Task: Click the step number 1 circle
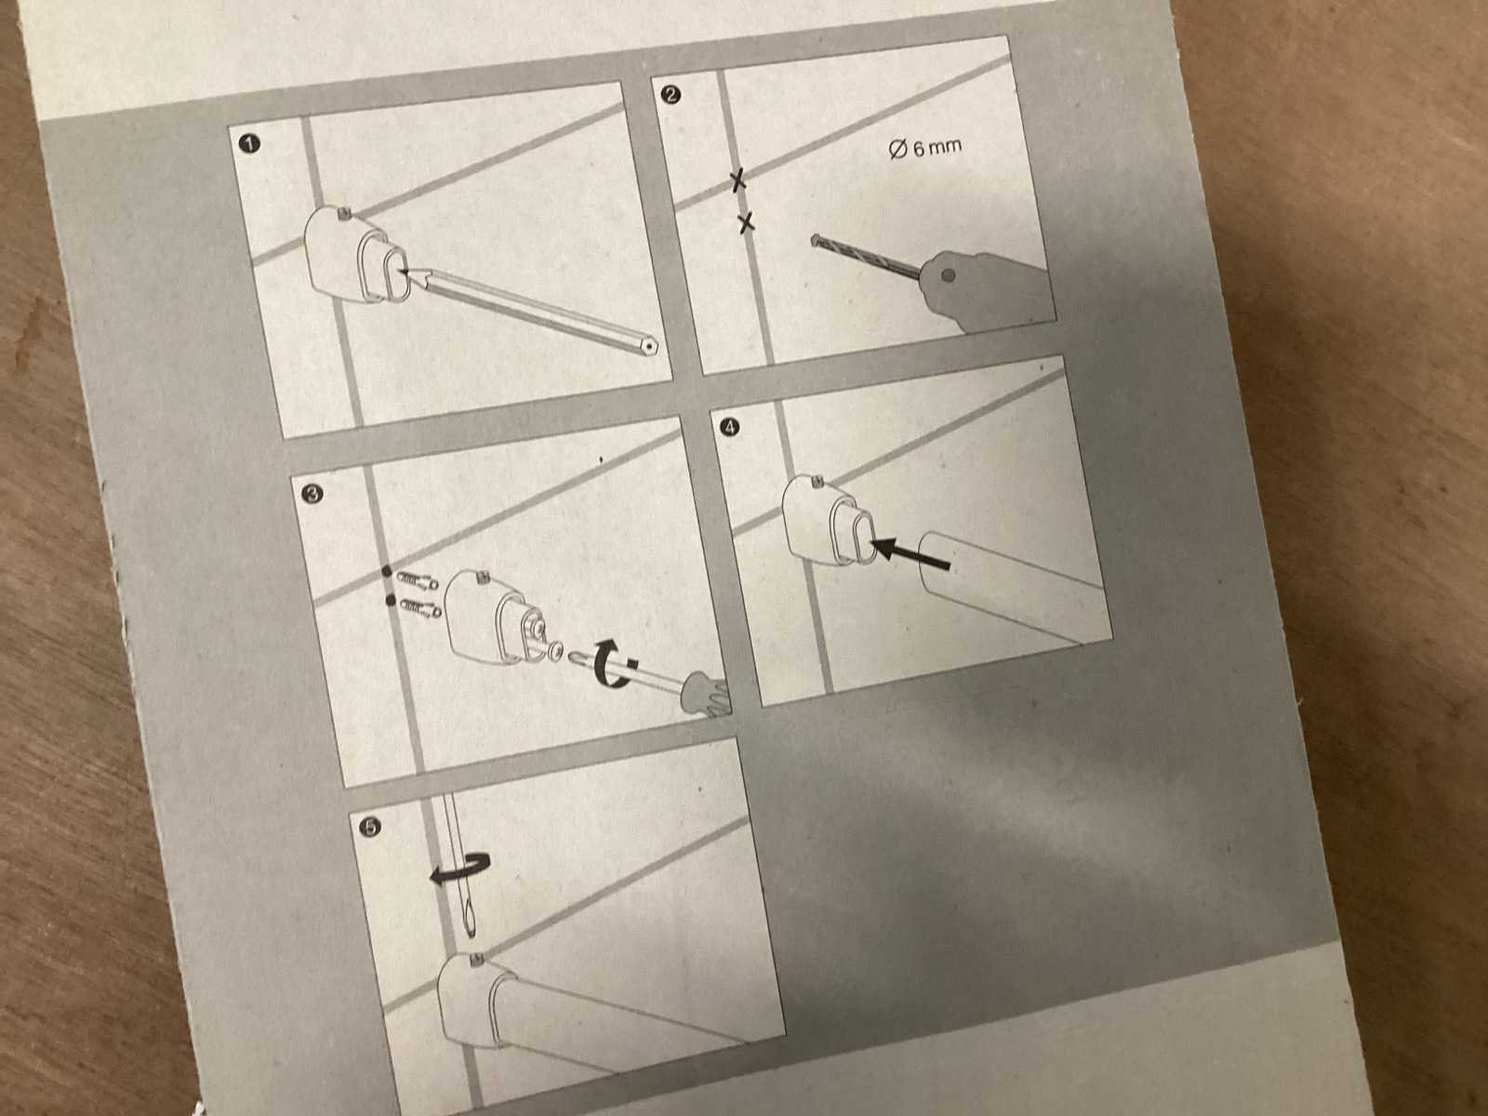point(251,144)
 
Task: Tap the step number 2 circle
point(671,94)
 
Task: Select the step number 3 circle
point(312,494)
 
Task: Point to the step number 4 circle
point(730,427)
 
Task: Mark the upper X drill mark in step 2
point(737,180)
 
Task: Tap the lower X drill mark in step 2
point(746,221)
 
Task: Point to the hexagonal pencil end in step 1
point(650,346)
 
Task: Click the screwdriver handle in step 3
point(706,694)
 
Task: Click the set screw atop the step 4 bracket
point(817,482)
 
